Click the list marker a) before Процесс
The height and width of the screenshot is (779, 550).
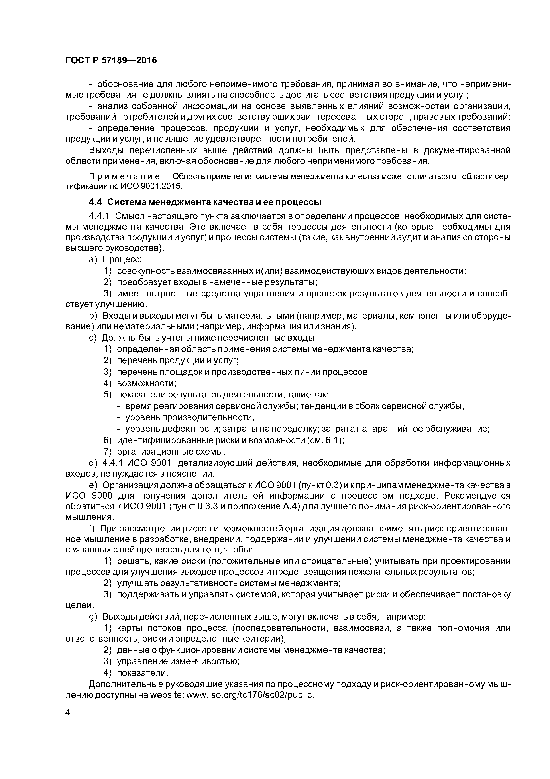pos(92,260)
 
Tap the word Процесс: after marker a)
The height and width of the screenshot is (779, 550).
pos(122,260)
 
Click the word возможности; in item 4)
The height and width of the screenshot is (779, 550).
pos(146,383)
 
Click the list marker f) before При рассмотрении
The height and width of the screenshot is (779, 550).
pos(92,529)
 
